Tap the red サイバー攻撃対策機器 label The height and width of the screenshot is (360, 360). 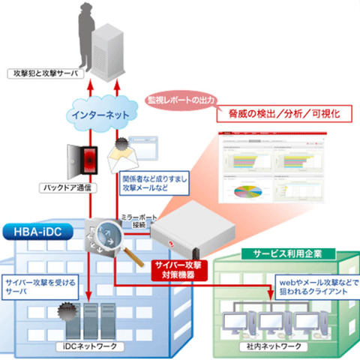176,269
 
